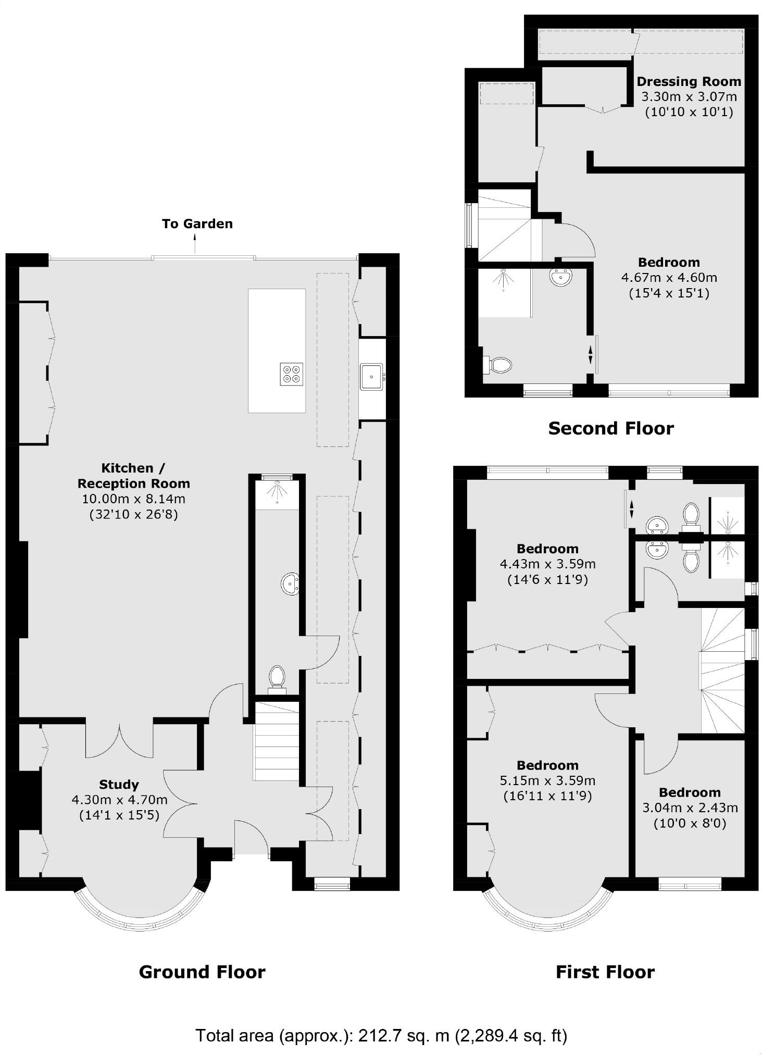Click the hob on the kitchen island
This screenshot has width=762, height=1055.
coord(291,374)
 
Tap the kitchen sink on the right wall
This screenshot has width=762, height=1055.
coord(371,376)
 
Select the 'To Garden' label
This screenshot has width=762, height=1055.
coord(197,224)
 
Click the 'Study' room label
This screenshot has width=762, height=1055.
coord(119,784)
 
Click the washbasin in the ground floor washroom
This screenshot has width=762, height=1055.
coord(290,584)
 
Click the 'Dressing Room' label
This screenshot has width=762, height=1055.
coord(689,81)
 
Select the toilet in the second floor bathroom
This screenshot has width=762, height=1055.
coord(498,364)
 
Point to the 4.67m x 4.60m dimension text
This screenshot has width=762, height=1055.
coord(669,278)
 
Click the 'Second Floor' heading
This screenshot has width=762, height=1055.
coord(610,428)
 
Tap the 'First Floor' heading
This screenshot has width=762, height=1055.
coord(605,972)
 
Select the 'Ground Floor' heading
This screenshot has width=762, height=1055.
coord(202,972)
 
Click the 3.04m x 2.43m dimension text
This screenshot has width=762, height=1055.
coord(690,808)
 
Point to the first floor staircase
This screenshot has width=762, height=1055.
coord(721,672)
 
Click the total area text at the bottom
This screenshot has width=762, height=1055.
coord(381,1035)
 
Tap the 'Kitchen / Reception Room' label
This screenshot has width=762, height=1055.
coord(134,475)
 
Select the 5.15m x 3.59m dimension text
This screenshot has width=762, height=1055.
coord(547,781)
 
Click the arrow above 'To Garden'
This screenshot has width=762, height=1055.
coord(195,243)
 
